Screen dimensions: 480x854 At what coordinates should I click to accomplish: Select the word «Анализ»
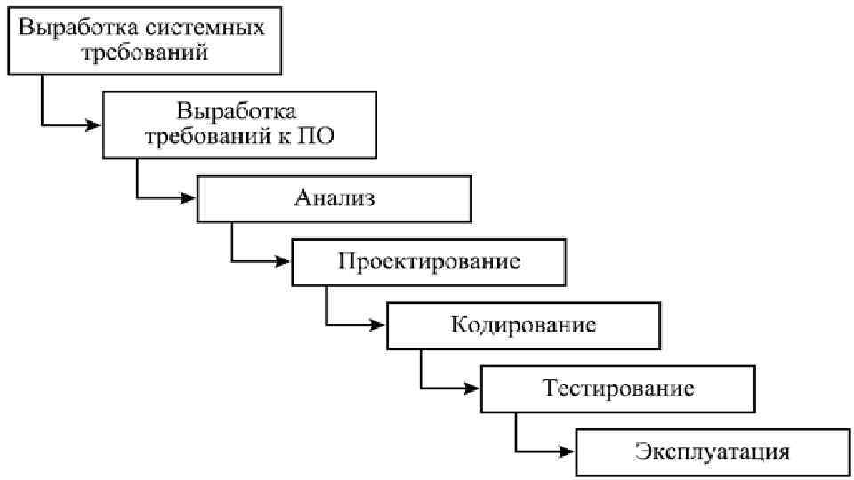click(334, 197)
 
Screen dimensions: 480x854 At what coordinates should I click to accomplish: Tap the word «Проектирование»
click(429, 262)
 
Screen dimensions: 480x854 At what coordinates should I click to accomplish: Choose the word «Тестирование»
click(618, 388)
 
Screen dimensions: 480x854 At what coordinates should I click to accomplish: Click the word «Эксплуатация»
click(713, 451)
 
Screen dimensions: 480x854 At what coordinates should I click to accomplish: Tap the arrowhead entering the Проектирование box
click(284, 261)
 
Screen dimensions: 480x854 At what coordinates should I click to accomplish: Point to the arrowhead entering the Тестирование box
click(473, 388)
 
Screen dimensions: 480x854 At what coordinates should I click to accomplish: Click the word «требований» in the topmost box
click(145, 52)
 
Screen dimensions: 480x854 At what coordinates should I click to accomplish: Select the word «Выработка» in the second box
click(236, 112)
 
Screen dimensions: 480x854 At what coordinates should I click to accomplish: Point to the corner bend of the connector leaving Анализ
click(232, 261)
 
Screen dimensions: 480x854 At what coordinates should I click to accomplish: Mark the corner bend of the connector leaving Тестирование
click(516, 450)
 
